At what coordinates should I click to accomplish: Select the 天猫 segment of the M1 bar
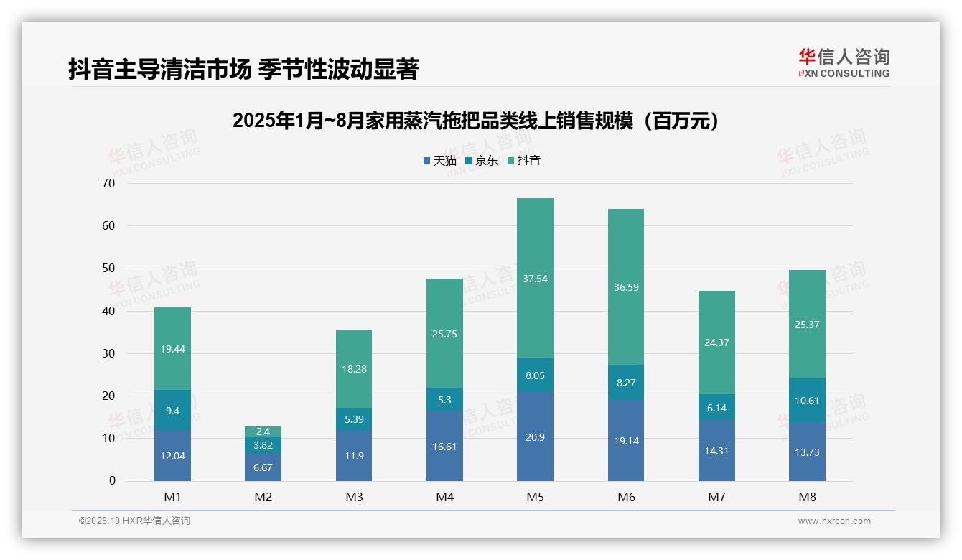coord(172,456)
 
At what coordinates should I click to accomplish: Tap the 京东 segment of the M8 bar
coord(807,401)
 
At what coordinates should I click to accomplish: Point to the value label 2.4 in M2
coord(263,431)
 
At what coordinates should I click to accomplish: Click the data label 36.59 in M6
coord(626,287)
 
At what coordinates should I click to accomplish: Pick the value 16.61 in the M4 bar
coord(444,446)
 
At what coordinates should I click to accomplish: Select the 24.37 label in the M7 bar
coord(716,342)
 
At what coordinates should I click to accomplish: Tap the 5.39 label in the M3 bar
coord(354,419)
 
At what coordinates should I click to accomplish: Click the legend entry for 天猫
coord(439,161)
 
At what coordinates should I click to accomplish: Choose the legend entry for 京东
coord(482,161)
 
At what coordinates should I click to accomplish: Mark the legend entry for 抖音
coord(523,161)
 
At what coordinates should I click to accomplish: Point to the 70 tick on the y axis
coord(108,183)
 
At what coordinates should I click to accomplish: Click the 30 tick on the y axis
coord(108,353)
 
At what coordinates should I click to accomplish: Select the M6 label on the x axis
coord(626,497)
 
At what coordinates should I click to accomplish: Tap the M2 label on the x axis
coord(263,497)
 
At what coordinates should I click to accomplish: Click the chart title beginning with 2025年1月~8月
coord(476,121)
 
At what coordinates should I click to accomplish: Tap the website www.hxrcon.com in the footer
coord(833,521)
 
